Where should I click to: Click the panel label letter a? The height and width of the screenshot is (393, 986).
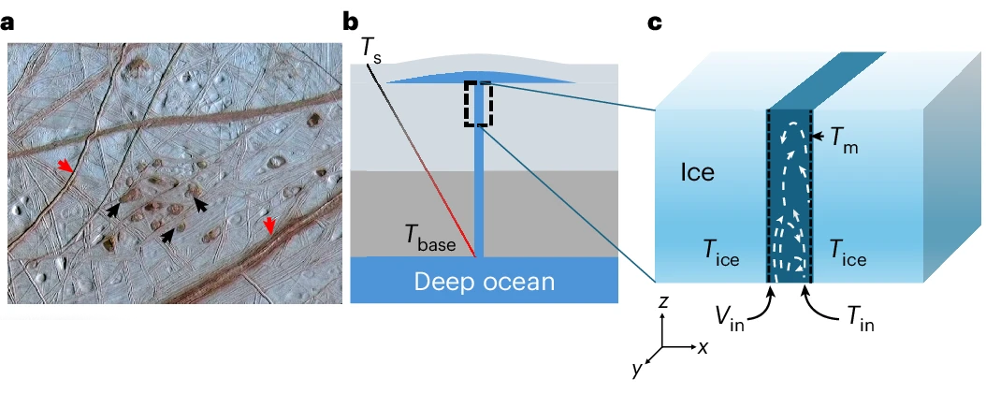tap(7, 23)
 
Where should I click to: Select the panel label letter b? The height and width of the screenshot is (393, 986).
tap(350, 22)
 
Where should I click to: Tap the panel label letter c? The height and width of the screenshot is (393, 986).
tap(655, 23)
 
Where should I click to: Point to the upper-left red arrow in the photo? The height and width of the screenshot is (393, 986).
tap(65, 166)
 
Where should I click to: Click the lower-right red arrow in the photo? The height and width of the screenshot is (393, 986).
tap(269, 226)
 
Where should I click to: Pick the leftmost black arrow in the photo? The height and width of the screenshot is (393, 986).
tap(113, 210)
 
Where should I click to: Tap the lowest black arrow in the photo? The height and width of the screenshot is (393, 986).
tap(167, 235)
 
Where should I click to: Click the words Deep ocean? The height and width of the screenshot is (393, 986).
tap(485, 281)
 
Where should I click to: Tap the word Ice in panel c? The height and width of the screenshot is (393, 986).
tap(698, 171)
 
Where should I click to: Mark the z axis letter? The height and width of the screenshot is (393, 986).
tap(662, 302)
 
